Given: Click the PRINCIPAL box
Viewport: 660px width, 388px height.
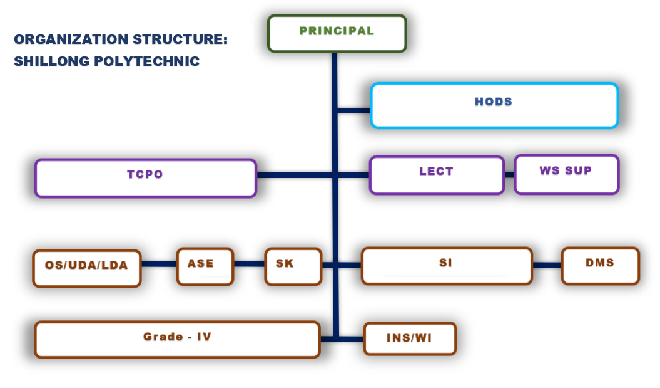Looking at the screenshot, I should pyautogui.click(x=337, y=33).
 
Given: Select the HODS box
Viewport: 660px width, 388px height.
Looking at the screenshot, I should pyautogui.click(x=494, y=105).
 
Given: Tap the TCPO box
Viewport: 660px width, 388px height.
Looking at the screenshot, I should pyautogui.click(x=145, y=178).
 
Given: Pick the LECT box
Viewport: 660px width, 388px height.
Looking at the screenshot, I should pyautogui.click(x=437, y=174).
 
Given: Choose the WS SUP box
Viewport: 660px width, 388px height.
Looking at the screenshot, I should pyautogui.click(x=566, y=174).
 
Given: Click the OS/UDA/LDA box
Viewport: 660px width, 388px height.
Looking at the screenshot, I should pyautogui.click(x=86, y=268).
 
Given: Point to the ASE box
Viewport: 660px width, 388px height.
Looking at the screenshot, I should pyautogui.click(x=205, y=266).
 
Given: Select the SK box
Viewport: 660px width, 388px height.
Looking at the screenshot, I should pyautogui.click(x=293, y=266).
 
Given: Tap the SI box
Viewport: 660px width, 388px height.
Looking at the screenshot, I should pyautogui.click(x=446, y=266).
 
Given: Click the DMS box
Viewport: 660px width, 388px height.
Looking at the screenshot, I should pyautogui.click(x=600, y=266).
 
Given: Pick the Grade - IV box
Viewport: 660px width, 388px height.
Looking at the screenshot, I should pyautogui.click(x=177, y=339).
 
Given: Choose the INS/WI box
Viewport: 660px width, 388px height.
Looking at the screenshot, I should pyautogui.click(x=410, y=339).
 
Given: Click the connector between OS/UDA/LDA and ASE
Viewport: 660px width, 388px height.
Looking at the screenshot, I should pyautogui.click(x=159, y=265).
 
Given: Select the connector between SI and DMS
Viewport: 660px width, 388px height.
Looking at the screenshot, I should pyautogui.click(x=547, y=265).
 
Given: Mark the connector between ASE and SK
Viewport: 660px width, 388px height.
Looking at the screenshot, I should pyautogui.click(x=249, y=265).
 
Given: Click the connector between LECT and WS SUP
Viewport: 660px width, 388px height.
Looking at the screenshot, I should pyautogui.click(x=509, y=174).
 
